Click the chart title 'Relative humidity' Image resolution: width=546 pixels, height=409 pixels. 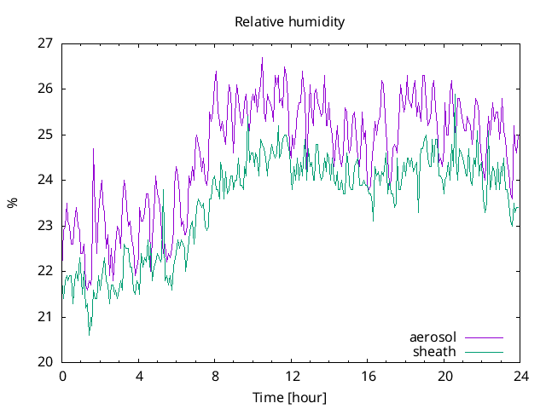tap(290, 22)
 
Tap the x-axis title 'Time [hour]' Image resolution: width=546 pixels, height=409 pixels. tap(290, 397)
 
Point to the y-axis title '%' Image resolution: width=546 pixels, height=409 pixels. tap(12, 203)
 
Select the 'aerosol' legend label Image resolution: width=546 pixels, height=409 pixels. tap(433, 337)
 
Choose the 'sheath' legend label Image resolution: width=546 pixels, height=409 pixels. tap(434, 351)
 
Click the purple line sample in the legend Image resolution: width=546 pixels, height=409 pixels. tap(483, 338)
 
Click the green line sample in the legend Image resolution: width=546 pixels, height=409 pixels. tap(483, 352)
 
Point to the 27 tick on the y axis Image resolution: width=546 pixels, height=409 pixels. tap(45, 43)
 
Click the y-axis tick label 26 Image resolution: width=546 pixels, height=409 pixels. tap(45, 89)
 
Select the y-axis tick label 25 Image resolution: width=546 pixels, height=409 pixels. tap(45, 134)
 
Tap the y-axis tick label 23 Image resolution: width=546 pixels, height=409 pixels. tap(45, 225)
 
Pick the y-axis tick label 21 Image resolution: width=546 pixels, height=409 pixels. tap(45, 316)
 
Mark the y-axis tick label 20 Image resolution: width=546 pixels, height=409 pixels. tap(45, 362)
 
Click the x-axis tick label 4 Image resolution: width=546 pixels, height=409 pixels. tap(138, 376)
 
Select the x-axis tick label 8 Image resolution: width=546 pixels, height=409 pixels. tap(215, 376)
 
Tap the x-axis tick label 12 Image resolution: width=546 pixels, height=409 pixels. tap(292, 376)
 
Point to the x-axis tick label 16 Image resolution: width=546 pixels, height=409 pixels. tap(368, 376)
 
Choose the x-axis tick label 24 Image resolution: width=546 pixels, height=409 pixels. tap(520, 376)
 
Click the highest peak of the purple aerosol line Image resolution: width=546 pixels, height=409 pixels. tap(262, 58)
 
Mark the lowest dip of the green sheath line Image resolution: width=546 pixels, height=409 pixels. tap(90, 334)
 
